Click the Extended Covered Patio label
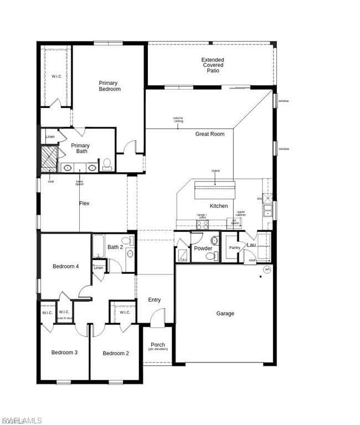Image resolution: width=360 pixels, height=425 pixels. click(213, 65)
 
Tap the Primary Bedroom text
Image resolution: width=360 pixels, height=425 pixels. click(109, 86)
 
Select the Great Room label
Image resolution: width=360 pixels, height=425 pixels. click(209, 134)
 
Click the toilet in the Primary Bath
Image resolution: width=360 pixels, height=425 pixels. click(107, 164)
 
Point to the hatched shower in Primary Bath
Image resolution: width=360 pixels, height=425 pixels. click(49, 159)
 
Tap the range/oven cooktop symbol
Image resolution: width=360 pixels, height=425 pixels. click(202, 225)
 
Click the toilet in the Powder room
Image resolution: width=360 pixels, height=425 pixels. click(212, 256)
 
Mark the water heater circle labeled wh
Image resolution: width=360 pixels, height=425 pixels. click(267, 270)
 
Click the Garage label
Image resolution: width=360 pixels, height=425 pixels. click(225, 314)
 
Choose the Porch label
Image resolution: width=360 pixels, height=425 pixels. click(158, 345)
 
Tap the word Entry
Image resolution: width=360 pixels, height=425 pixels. click(155, 300)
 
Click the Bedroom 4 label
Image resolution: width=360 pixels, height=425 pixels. click(65, 267)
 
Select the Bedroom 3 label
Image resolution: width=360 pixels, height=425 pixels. click(64, 353)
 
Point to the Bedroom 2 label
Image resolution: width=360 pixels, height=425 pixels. click(115, 353)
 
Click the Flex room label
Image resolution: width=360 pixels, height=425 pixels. click(84, 204)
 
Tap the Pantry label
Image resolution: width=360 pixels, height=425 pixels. click(235, 248)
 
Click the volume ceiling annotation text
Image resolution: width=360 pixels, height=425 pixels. click(178, 120)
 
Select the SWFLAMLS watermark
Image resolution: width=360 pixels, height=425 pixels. click(21, 421)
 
